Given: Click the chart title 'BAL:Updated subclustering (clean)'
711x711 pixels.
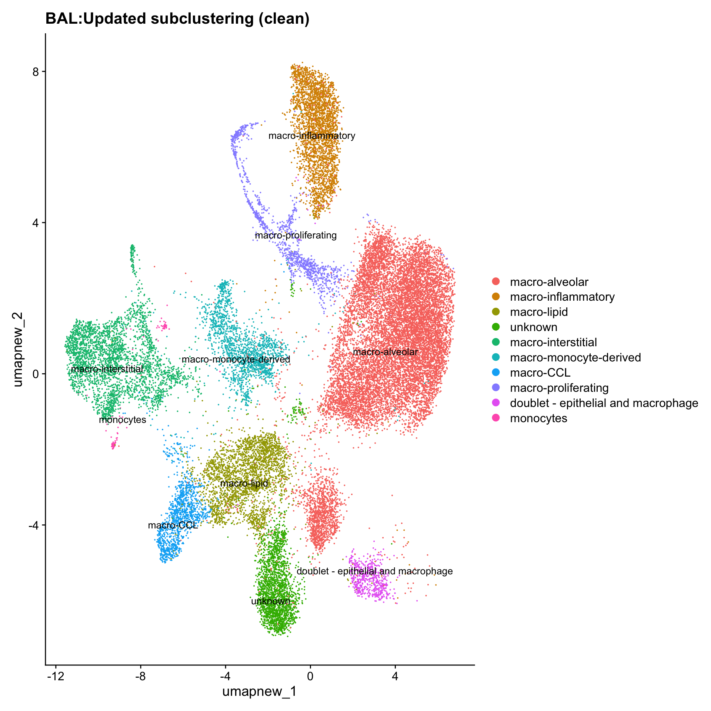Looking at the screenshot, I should point(177,19).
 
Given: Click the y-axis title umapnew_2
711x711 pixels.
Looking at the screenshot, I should point(18,349).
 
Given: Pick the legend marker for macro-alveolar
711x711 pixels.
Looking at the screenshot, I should point(495,282).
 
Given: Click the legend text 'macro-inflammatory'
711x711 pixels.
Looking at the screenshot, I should point(562,297).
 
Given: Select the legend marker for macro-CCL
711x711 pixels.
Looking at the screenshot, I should point(495,373).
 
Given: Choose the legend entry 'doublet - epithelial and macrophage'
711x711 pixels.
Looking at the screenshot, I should point(604,403).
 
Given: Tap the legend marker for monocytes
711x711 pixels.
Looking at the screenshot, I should point(495,418).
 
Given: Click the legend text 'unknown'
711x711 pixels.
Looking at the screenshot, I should point(533,327).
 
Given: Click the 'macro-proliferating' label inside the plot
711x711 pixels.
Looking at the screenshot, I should point(296,236).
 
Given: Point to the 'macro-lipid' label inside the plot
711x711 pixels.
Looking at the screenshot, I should point(244,483).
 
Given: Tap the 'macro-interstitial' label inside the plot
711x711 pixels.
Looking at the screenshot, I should point(107,369).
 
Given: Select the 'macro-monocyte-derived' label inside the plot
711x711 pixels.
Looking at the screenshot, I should point(236,359).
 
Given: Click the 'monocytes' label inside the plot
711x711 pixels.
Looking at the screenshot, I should point(123,420).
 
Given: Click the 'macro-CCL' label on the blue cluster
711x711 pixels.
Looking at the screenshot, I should point(173,525).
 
